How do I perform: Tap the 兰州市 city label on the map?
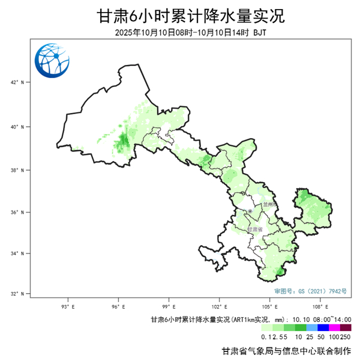point(270,204)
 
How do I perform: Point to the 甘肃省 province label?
point(255,229)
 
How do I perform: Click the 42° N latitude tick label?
point(19,82)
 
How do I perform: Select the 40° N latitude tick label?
point(19,127)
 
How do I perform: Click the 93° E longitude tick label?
point(68,305)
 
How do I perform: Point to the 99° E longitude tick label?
point(169,305)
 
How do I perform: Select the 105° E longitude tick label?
point(270,305)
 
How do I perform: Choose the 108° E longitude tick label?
point(320,305)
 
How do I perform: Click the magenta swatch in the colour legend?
point(334,328)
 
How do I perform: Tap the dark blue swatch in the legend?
point(323,328)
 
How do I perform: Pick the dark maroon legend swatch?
point(346,328)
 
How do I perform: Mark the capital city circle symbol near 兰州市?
point(250,211)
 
